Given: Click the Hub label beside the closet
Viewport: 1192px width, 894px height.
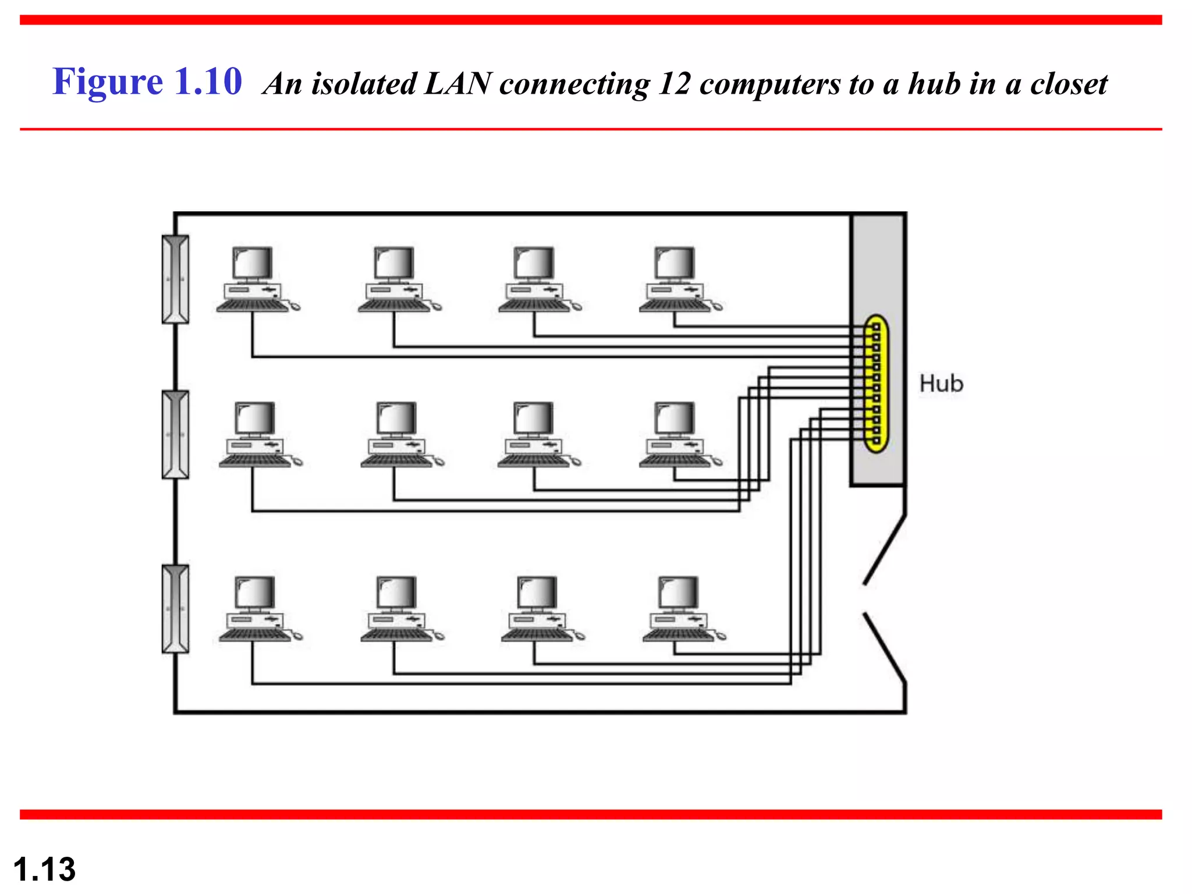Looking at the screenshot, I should pyautogui.click(x=941, y=384).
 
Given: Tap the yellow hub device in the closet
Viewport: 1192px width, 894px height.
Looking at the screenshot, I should pyautogui.click(x=875, y=384).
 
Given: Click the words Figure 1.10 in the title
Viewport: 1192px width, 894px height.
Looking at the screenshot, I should pyautogui.click(x=147, y=81).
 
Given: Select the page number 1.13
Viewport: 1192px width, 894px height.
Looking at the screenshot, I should pyautogui.click(x=44, y=870).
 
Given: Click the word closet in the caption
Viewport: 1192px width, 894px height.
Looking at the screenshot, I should pyautogui.click(x=1069, y=84).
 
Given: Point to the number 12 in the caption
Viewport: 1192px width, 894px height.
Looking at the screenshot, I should pyautogui.click(x=674, y=84).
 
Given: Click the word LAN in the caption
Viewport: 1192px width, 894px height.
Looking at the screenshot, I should pyautogui.click(x=458, y=84).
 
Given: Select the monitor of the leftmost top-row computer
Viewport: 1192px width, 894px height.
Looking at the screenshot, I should pyautogui.click(x=253, y=263).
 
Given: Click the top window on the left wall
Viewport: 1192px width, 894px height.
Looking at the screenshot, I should pyautogui.click(x=175, y=279).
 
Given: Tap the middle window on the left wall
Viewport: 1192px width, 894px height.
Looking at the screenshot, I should pyautogui.click(x=175, y=435).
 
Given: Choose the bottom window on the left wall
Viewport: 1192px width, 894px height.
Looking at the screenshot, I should pyautogui.click(x=175, y=609).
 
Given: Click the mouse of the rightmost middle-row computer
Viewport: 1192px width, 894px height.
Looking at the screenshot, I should pyautogui.click(x=718, y=462).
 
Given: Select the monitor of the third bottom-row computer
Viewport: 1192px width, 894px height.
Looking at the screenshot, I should pyautogui.click(x=537, y=593).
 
